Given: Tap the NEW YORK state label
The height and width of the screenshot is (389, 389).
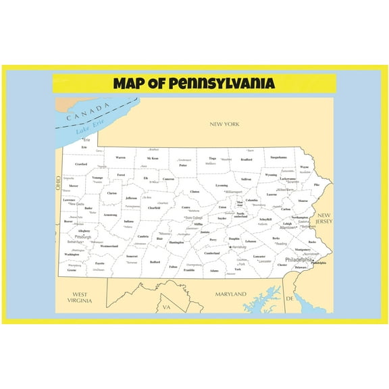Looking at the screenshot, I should click(x=224, y=124).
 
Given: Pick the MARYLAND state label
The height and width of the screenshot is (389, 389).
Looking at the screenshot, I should click(x=230, y=295).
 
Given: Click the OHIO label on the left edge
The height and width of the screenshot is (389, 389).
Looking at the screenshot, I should click(x=58, y=183).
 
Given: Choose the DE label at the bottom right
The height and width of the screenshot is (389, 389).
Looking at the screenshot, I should click(x=290, y=298).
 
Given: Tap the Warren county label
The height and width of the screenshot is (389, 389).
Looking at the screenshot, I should click(x=120, y=157).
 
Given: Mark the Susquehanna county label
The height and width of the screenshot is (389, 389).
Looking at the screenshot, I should click(x=278, y=157).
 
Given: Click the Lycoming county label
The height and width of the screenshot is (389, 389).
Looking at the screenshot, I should click(x=222, y=185).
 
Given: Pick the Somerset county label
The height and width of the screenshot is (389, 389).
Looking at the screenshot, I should click(x=132, y=257).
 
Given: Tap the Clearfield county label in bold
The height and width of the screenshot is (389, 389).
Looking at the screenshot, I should click(x=154, y=208).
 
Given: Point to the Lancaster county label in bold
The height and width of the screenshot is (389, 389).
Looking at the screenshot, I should click(x=259, y=257).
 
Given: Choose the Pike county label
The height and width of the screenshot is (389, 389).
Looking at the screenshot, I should click(x=317, y=184).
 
